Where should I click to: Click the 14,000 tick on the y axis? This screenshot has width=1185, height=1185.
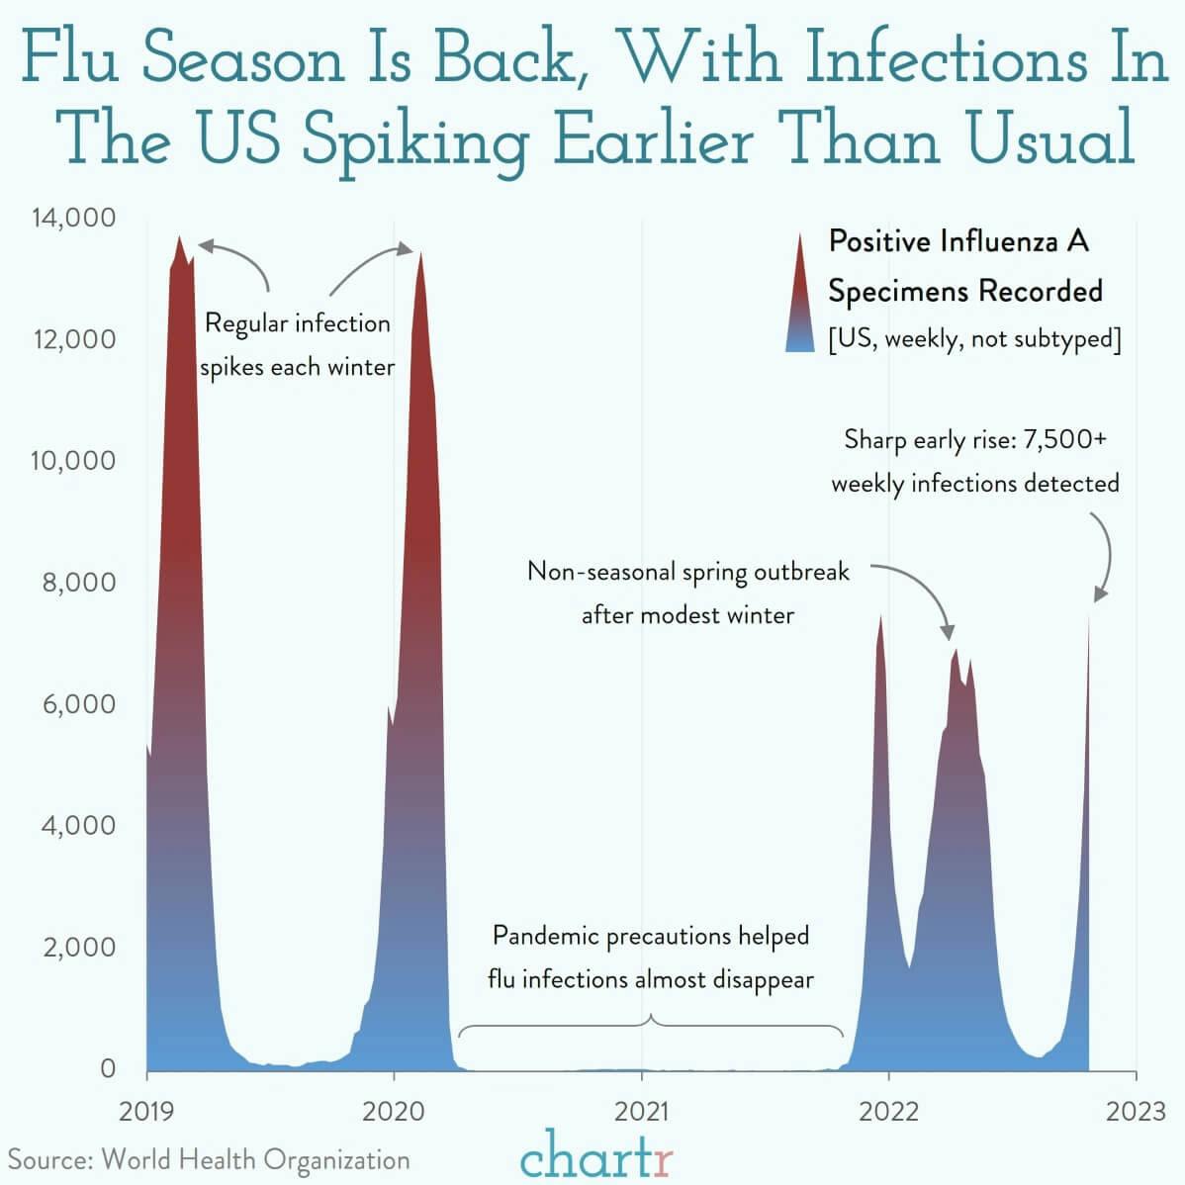click(73, 218)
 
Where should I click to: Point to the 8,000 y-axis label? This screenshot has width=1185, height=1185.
click(77, 583)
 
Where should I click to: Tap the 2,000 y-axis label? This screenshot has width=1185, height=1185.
click(77, 948)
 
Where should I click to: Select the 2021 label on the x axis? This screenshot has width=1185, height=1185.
click(641, 1112)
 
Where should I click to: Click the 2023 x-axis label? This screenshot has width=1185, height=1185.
click(1136, 1112)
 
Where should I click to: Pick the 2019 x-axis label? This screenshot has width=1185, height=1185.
click(146, 1112)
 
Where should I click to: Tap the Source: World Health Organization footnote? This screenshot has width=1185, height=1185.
click(209, 1159)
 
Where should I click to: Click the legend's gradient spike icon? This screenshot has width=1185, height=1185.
click(799, 293)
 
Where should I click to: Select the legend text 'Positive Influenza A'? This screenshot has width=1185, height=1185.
click(957, 241)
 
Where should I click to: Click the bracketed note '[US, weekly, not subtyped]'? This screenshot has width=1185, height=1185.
click(973, 339)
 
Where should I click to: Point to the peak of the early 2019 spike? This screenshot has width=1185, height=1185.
click(179, 238)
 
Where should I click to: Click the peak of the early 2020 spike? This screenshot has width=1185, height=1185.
click(421, 253)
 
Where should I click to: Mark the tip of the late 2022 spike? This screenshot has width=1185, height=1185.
click(1088, 615)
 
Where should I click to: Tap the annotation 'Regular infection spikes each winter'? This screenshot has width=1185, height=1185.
click(297, 345)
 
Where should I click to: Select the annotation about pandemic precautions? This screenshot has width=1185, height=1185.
click(650, 957)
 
